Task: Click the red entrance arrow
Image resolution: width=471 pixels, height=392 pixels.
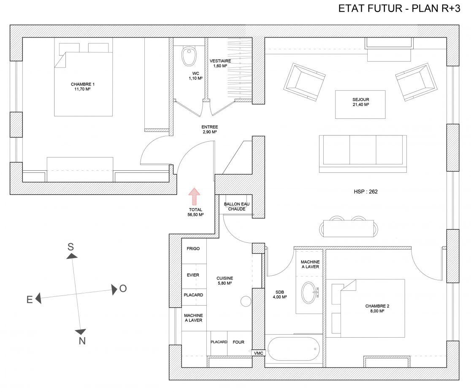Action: tap(194, 196)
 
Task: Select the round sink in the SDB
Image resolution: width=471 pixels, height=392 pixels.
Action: tap(309, 293)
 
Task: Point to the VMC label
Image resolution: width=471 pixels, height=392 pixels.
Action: tap(259, 353)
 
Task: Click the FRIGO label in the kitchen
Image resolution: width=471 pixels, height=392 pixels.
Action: tap(193, 249)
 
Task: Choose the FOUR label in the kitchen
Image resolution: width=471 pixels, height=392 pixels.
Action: tap(238, 342)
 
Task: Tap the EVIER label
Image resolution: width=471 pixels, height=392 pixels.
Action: tap(193, 275)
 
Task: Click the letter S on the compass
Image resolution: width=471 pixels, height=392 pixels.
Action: tap(70, 247)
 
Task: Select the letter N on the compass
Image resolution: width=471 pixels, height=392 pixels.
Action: tap(82, 341)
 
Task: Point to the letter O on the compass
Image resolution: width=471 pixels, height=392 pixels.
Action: tap(123, 289)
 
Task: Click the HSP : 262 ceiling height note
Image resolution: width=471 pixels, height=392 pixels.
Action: tap(365, 192)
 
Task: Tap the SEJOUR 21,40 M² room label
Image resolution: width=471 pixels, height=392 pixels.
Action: tap(361, 102)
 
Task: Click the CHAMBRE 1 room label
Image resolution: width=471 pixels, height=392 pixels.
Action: tap(83, 87)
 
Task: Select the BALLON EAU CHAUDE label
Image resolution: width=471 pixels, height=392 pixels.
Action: tap(237, 207)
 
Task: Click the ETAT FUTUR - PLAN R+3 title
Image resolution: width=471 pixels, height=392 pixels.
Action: tap(399, 8)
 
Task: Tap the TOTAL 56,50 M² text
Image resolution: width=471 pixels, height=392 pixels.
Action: tap(195, 212)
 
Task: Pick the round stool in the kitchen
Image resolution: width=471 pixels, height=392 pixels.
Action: tap(246, 301)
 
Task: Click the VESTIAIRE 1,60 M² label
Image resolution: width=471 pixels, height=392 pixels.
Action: tap(220, 63)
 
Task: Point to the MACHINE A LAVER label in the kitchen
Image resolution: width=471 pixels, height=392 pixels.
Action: tap(193, 318)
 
